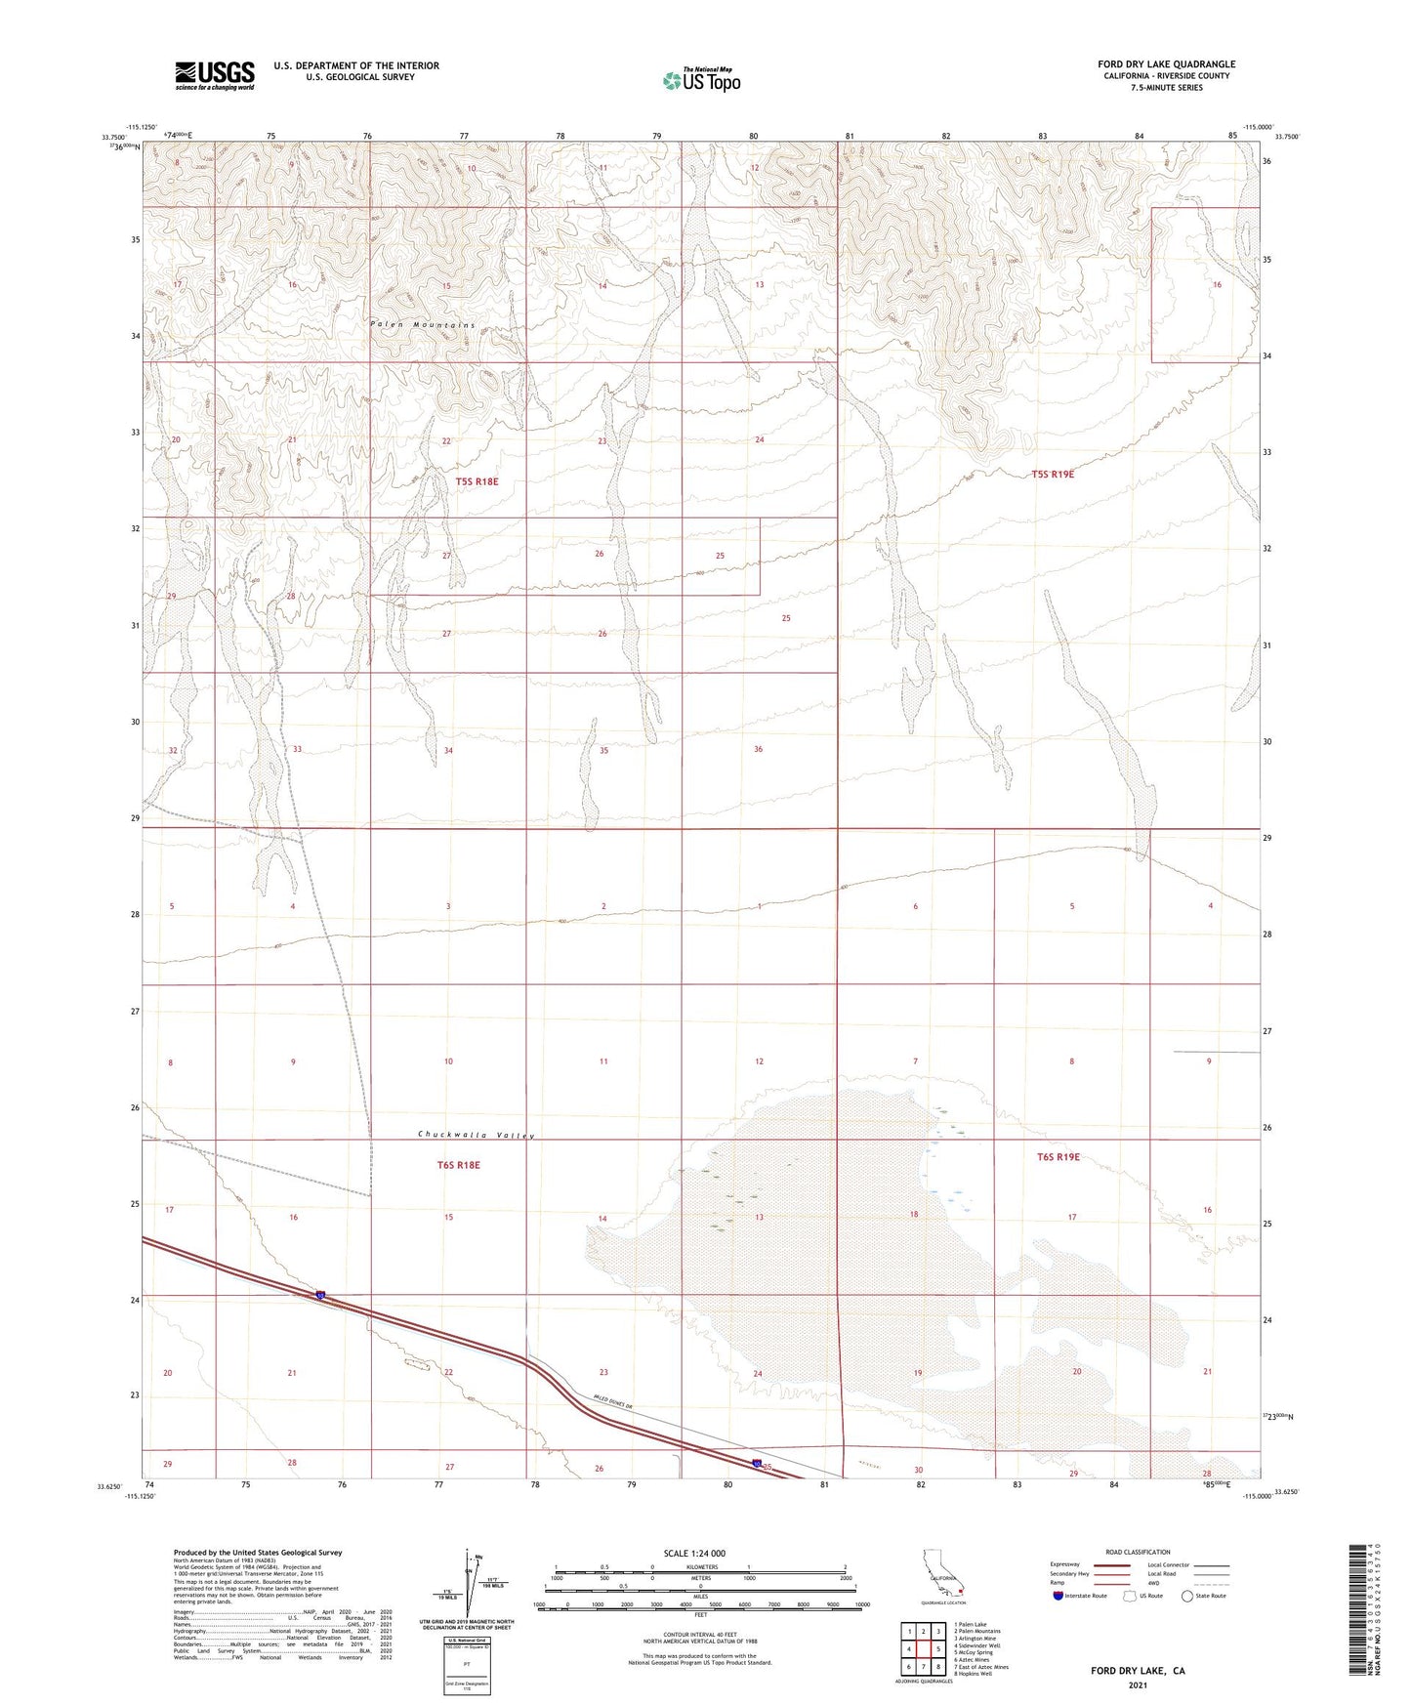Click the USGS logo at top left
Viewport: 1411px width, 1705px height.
(x=215, y=74)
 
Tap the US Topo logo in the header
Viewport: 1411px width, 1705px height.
(x=700, y=80)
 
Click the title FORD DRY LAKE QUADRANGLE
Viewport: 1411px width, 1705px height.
(x=1166, y=64)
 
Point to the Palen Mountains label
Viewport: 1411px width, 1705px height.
(x=422, y=324)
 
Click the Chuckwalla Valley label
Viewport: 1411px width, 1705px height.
(x=477, y=1135)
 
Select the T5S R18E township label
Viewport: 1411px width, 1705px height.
(x=477, y=481)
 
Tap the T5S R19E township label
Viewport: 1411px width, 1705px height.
(x=1053, y=474)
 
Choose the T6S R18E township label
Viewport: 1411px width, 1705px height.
(x=458, y=1164)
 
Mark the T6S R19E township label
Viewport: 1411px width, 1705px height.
(x=1058, y=1156)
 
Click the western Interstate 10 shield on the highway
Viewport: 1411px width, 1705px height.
(x=320, y=1296)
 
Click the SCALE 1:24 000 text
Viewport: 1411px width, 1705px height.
(x=694, y=1553)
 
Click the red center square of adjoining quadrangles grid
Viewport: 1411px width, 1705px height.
(x=923, y=1649)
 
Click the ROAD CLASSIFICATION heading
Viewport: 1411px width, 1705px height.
(x=1138, y=1552)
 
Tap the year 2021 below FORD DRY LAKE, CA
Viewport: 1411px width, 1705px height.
(x=1137, y=1685)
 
